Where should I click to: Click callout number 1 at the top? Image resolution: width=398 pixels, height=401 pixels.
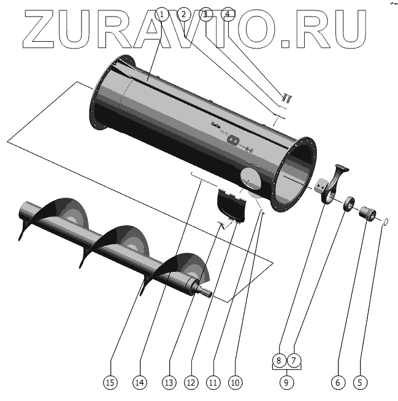pos(162,14)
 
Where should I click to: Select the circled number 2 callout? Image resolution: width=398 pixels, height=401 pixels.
pos(183,14)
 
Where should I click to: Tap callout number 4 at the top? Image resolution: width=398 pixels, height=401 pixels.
pos(228,14)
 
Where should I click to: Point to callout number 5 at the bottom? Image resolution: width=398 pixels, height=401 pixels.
pos(359,382)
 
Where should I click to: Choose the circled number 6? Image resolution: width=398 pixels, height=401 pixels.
pos(336,382)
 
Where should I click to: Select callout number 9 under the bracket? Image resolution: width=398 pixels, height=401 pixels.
pos(286,382)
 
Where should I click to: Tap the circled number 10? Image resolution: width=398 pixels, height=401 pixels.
pos(234,382)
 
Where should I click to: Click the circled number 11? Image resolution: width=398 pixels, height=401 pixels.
pos(213,382)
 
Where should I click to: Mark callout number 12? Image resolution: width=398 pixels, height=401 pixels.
pos(191,382)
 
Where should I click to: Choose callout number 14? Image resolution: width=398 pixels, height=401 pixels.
pos(140,382)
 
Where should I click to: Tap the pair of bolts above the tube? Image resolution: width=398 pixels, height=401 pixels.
pos(286,96)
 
